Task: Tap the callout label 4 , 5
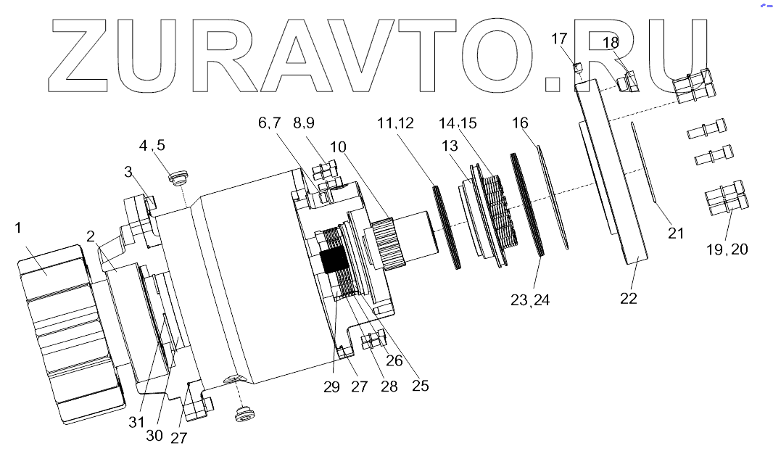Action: [x=152, y=145]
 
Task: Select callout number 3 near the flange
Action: [x=128, y=172]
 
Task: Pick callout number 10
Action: [x=337, y=147]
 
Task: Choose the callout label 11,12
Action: [x=395, y=124]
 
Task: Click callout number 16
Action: [x=521, y=123]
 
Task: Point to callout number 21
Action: [x=676, y=233]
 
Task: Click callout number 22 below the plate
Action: [x=628, y=298]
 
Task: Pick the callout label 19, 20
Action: [x=727, y=249]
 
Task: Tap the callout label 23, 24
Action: [x=531, y=299]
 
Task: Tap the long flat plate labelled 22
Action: [x=613, y=174]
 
